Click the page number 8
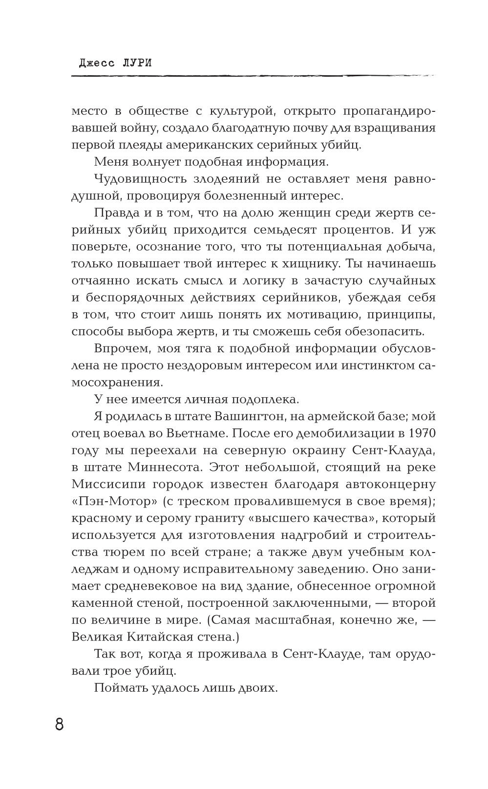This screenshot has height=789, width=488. tap(59, 724)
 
